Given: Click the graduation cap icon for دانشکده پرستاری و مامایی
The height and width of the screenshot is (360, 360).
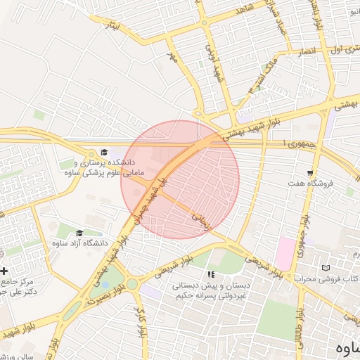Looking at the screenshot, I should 104,152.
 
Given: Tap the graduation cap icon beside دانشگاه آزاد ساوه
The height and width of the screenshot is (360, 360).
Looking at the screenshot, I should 79,233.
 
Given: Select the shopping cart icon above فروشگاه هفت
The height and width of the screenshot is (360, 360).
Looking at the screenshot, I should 309,173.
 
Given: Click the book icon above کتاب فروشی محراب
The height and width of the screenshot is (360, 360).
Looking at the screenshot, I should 325,268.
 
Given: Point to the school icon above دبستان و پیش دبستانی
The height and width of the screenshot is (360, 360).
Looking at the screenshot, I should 209,275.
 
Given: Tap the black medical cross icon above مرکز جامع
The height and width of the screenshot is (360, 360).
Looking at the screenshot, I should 4,271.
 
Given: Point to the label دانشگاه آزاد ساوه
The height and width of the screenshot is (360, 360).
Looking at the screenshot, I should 79,244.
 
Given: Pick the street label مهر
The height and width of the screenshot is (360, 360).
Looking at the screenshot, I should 171,54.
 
